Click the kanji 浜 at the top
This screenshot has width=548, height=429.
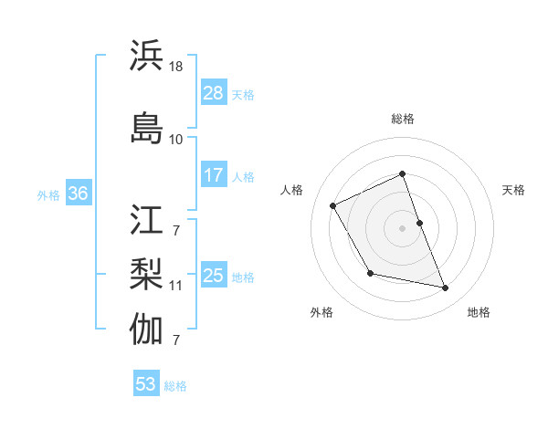pos(147,56)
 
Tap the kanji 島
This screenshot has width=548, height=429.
pos(147,127)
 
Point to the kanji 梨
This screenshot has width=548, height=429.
pos(147,274)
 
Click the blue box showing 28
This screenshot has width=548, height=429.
pos(213,92)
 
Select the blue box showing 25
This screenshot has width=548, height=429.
pos(213,275)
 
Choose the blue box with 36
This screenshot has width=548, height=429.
pos(78,194)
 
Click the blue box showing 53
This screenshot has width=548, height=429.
pos(146,384)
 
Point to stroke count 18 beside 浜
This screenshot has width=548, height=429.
pos(176,67)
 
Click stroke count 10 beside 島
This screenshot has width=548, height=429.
pos(176,140)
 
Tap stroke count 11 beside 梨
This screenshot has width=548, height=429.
pos(176,286)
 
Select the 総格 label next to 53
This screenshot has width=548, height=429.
pos(175,386)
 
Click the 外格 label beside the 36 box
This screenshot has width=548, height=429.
pos(48,194)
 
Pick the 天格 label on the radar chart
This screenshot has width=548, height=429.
pos(513,190)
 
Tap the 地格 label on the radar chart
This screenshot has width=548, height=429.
pos(479,312)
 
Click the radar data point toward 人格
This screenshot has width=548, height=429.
pos(333,205)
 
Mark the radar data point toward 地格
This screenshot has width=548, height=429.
pos(446,288)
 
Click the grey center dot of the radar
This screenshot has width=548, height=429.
pos(403,227)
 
